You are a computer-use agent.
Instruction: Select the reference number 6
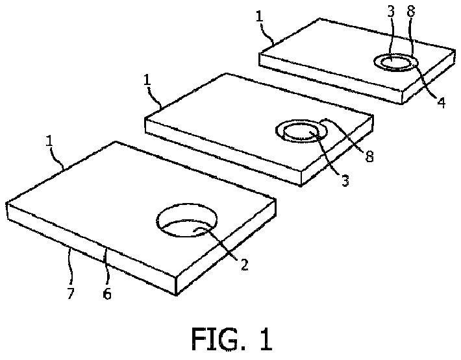(107, 294)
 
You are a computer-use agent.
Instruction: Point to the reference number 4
(441, 102)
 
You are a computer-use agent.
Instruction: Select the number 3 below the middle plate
(345, 181)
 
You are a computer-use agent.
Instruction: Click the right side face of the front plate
(227, 252)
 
